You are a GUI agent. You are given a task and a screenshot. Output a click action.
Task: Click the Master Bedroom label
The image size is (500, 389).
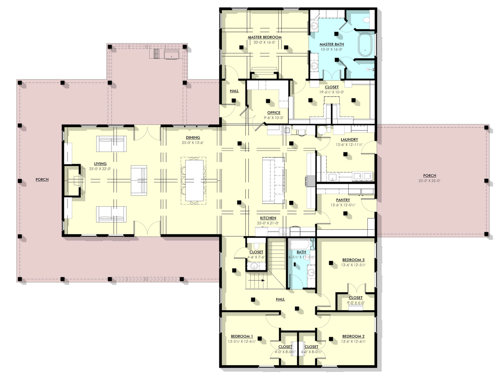[264, 37]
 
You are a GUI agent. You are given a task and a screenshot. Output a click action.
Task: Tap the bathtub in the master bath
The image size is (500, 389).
[365, 45]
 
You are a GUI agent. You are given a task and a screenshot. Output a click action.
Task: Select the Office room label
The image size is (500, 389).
[273, 112]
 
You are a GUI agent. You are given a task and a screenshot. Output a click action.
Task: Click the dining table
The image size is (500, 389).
[194, 180]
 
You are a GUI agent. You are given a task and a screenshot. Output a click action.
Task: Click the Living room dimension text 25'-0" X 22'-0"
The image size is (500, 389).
[100, 169]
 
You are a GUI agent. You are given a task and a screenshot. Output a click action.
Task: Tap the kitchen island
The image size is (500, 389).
[273, 180]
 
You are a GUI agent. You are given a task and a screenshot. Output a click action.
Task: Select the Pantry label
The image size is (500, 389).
[343, 200]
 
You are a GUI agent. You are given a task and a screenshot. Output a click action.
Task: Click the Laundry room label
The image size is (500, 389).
[349, 139]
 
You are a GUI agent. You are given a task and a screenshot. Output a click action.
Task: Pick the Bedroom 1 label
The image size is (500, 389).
[242, 336]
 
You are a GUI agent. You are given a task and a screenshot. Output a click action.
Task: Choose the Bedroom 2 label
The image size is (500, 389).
[353, 336]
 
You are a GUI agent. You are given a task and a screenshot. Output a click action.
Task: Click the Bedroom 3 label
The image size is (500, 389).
[353, 260]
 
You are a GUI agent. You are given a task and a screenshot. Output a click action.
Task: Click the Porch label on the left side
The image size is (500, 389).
[42, 179]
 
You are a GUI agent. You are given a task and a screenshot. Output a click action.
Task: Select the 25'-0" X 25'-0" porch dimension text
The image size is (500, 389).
[429, 181]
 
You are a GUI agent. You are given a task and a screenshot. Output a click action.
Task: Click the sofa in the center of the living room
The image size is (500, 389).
[139, 180]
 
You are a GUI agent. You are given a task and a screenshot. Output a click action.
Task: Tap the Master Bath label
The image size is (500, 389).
[331, 44]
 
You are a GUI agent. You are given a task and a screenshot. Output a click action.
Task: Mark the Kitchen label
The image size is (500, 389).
[268, 218]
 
